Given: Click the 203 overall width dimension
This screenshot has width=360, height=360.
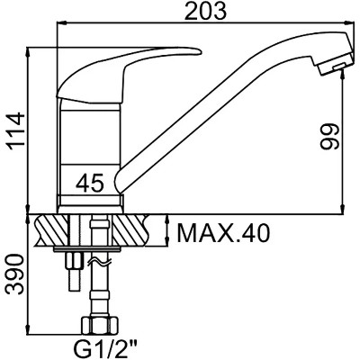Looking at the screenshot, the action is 205,11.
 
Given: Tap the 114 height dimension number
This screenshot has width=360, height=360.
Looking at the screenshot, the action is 15,130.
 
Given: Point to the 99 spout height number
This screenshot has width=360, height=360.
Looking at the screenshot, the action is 329,137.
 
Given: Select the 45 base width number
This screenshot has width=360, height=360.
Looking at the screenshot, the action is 90,183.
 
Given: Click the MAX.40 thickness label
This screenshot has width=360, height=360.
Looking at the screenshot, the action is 223,233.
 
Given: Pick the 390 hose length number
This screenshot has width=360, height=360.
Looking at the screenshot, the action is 15,274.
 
